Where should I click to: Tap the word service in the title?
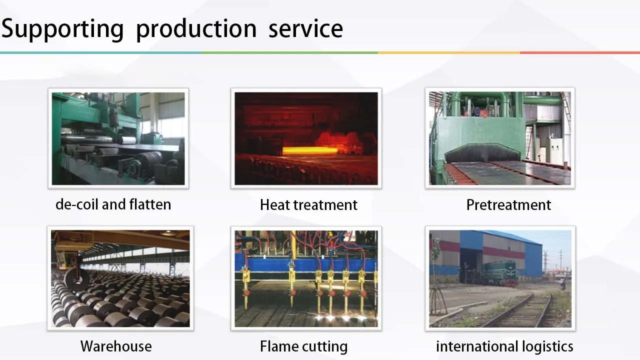(x=305, y=29)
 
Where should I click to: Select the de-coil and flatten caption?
(x=113, y=204)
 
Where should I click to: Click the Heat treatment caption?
(x=308, y=205)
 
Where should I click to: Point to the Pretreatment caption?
(x=508, y=205)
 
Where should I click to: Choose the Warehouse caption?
(x=116, y=346)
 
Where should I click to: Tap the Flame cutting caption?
(x=303, y=346)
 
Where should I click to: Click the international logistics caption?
(x=504, y=346)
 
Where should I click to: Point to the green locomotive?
(x=499, y=273)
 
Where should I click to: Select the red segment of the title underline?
(x=580, y=53)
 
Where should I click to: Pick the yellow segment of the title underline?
(x=449, y=53)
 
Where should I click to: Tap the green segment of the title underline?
(x=289, y=53)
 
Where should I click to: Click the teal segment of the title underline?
(x=100, y=53)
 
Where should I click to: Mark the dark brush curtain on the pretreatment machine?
(x=485, y=153)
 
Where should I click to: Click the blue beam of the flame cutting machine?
(x=305, y=264)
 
